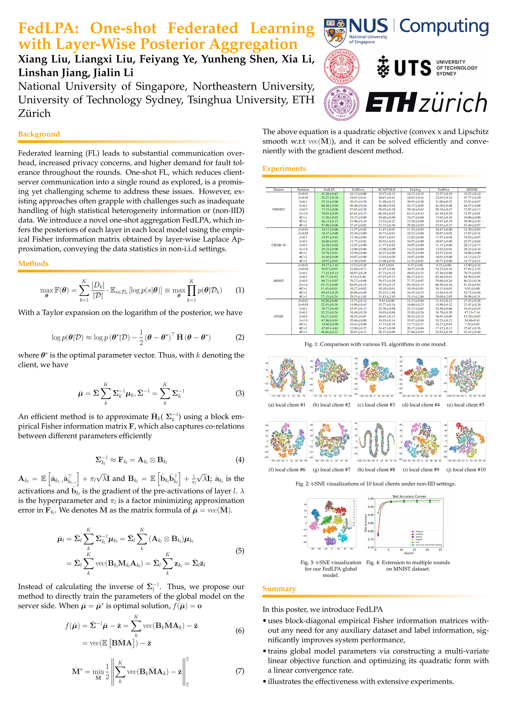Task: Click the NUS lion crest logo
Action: [335, 32]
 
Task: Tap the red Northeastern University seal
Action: [342, 66]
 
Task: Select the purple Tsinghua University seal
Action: [342, 103]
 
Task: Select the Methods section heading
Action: [33, 264]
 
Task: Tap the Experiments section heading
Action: [284, 169]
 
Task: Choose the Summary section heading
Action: [279, 589]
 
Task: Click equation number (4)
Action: [240, 460]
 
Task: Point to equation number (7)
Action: [240, 671]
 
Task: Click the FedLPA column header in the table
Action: [329, 190]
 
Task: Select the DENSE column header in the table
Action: [472, 190]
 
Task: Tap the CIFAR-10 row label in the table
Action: [279, 245]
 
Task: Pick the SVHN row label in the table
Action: [279, 316]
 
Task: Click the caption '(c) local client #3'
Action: [376, 405]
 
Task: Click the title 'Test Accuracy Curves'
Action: [409, 497]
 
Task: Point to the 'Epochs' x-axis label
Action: [409, 553]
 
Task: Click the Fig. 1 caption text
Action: [375, 344]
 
